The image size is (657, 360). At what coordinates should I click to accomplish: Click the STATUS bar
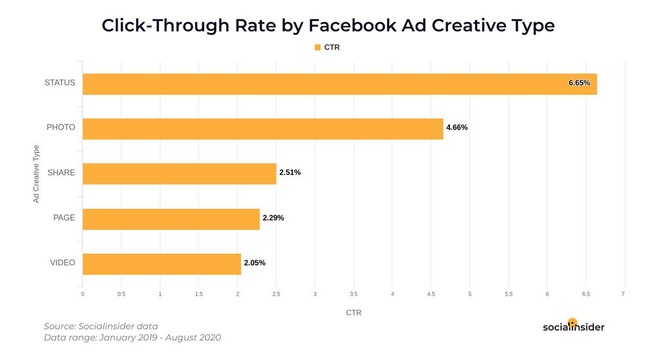(x=340, y=83)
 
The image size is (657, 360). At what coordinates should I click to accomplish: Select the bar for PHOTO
(x=263, y=129)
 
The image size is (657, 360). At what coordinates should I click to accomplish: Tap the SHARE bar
(x=179, y=173)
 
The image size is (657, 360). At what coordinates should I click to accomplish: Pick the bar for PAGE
(x=171, y=219)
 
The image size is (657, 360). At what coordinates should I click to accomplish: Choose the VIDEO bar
(x=162, y=263)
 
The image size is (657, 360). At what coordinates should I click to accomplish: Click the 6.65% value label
(x=579, y=83)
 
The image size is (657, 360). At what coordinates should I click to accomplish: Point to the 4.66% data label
(x=457, y=128)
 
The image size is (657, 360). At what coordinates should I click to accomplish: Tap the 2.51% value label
(x=290, y=173)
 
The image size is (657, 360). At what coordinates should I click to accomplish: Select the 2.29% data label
(x=273, y=218)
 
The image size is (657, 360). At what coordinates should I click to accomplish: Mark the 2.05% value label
(x=254, y=263)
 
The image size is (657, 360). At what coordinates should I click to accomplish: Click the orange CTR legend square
(x=317, y=47)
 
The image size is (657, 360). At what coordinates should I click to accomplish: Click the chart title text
(x=328, y=26)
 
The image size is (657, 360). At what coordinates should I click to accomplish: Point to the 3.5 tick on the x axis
(x=353, y=294)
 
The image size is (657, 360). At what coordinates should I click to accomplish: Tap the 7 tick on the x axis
(x=623, y=294)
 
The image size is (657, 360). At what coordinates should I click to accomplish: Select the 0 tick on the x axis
(x=83, y=294)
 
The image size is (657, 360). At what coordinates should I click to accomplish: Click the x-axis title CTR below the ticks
(x=353, y=313)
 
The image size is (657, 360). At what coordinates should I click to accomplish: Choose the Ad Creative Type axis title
(x=36, y=174)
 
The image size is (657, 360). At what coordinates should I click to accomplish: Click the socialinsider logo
(x=573, y=326)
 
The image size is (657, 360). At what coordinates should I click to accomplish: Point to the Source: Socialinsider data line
(x=101, y=326)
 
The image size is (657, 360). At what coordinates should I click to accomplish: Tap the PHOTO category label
(x=60, y=127)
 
